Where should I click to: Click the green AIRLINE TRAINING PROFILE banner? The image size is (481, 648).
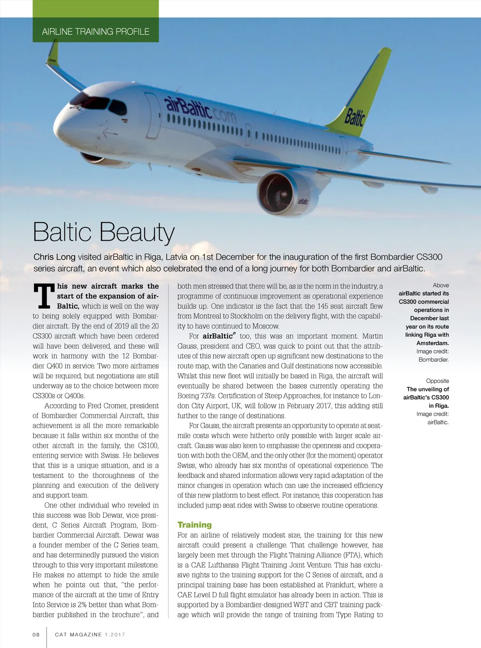95,31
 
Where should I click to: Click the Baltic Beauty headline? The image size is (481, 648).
104,232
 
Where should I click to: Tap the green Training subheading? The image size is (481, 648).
194,525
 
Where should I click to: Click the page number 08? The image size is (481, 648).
36,634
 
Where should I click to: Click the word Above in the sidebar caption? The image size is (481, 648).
441,285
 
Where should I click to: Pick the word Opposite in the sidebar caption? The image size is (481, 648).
437,381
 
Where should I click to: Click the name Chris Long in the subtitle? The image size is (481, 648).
54,257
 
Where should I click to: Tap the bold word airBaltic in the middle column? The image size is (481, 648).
217,336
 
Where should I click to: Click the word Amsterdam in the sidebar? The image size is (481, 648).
432,343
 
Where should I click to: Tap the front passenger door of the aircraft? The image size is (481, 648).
152,116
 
